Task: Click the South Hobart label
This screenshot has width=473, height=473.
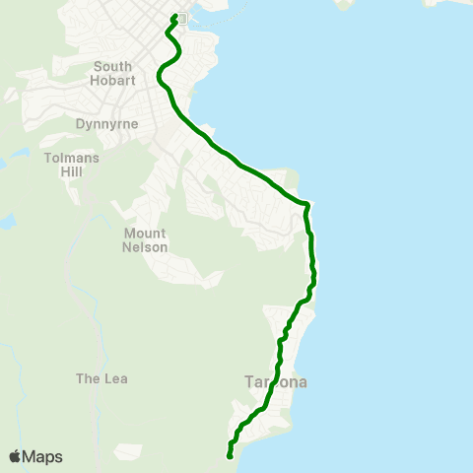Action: [112, 73]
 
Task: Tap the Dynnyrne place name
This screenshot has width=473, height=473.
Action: [106, 124]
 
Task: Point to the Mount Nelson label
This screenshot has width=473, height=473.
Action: [145, 239]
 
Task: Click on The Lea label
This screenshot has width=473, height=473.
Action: [102, 378]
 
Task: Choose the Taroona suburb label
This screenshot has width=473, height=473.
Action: [276, 382]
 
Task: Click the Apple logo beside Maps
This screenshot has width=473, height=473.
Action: [15, 456]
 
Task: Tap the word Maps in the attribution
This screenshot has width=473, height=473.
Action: [42, 456]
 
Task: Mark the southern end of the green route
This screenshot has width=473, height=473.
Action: [230, 456]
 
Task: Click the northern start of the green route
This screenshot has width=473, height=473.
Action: [174, 16]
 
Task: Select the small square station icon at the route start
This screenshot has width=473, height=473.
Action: [181, 18]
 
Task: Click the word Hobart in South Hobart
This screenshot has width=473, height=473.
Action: [112, 80]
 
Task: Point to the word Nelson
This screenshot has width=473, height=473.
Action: [145, 247]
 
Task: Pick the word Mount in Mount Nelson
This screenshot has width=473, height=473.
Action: [145, 233]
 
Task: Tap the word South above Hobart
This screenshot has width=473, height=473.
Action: [112, 66]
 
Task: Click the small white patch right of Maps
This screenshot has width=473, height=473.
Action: [128, 452]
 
